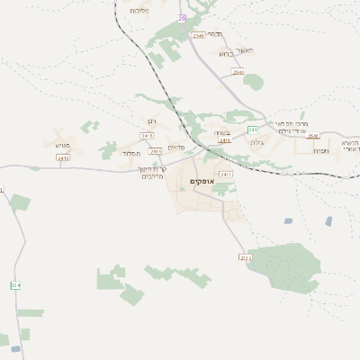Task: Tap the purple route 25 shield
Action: pos(182,18)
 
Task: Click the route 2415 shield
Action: pos(147,136)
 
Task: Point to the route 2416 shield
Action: pos(225,140)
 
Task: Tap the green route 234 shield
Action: pos(14,284)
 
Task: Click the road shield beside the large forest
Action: pos(245,257)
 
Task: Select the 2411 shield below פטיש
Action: pos(63,157)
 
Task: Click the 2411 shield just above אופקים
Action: pos(225,173)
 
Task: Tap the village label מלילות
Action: pos(138,10)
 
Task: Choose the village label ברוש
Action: pos(225,53)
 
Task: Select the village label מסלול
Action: pos(131,153)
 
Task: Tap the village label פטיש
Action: pos(62,144)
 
